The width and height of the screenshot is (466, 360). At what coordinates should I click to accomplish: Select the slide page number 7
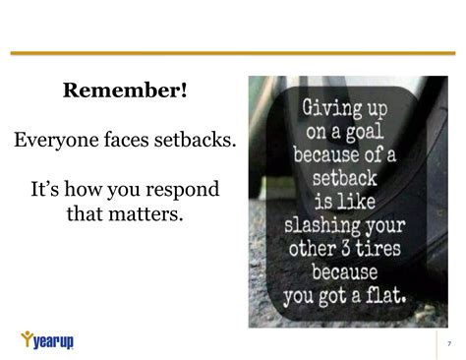click(x=448, y=342)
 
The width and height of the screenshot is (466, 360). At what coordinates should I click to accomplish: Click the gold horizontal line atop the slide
click(x=233, y=53)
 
